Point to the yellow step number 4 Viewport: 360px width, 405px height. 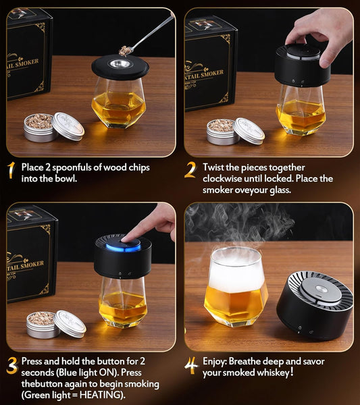(191, 366)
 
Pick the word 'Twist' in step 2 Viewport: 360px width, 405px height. (215, 167)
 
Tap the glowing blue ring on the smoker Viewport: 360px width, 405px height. (122, 246)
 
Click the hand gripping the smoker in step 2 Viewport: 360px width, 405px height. (318, 32)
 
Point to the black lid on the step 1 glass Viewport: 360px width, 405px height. (120, 67)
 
